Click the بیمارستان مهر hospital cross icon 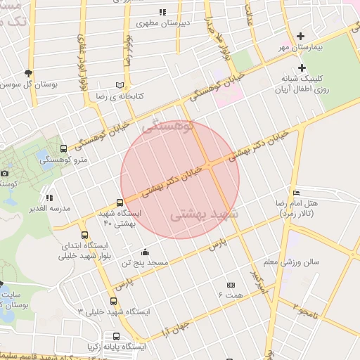[x=301, y=36]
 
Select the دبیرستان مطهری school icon [x=163, y=12]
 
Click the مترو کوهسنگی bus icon [x=65, y=149]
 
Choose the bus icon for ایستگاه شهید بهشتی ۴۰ [x=120, y=203]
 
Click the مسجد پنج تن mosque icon [x=145, y=252]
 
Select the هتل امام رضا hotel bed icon [x=296, y=193]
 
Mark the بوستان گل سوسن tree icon [x=28, y=72]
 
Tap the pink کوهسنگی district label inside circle [x=167, y=127]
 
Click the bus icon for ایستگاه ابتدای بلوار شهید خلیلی [x=85, y=236]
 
